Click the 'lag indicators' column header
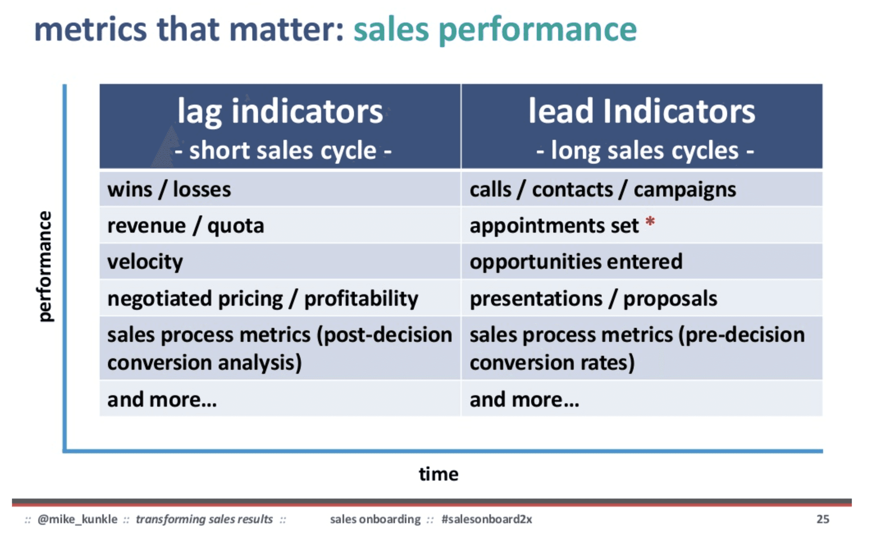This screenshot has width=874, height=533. point(280,112)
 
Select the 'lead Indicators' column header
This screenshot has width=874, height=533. point(641,111)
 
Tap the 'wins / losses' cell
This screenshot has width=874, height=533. point(169,190)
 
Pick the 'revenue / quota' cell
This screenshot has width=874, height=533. point(185,226)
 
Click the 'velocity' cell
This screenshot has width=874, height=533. point(145,262)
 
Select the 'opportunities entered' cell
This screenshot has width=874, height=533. point(576,262)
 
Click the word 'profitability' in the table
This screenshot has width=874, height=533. point(361,298)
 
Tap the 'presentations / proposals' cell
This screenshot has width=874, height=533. point(593,298)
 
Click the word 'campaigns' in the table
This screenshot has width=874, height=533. point(685,190)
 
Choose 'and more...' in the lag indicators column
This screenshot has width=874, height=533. point(162,400)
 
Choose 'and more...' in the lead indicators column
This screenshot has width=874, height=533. point(524,400)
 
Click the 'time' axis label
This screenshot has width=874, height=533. point(438,474)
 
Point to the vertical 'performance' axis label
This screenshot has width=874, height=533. point(44,266)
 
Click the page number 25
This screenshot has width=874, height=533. point(822,519)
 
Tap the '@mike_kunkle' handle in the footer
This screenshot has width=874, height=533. point(78,519)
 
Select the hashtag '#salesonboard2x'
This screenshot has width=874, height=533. point(487,519)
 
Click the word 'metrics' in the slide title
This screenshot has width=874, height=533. point(90,30)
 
